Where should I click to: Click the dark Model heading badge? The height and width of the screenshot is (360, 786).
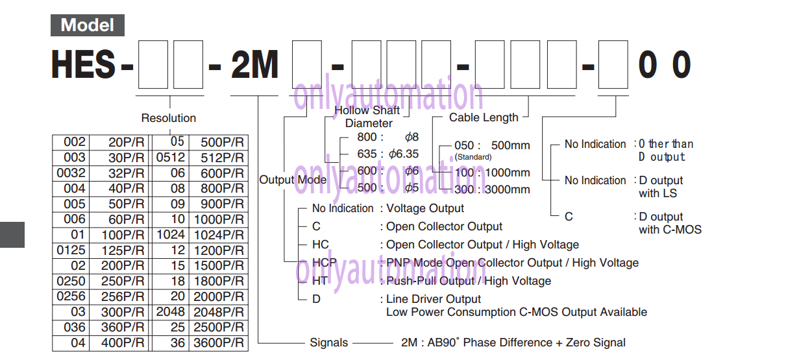point(88,25)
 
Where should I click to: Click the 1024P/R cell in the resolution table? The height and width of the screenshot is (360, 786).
point(219,235)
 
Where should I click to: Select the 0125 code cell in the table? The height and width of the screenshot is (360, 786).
point(71,250)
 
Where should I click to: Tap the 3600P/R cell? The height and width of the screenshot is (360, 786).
point(219,343)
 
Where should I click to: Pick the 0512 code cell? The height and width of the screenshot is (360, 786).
point(171,158)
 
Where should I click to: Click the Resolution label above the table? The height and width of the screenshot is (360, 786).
point(169,118)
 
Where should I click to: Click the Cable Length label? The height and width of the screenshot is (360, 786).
point(484,117)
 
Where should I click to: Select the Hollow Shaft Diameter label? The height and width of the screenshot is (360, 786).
point(367,117)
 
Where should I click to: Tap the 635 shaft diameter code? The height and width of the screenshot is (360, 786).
point(367,154)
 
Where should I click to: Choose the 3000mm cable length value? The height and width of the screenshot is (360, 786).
point(508,189)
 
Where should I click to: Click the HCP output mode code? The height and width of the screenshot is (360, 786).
point(325,263)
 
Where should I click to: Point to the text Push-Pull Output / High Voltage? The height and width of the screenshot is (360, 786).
point(469,281)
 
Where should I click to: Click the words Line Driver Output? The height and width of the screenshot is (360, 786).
point(434,299)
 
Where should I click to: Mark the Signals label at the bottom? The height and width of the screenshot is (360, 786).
point(329,342)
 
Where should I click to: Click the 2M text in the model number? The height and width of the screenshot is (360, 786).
point(254,64)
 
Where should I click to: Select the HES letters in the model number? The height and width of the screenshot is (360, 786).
point(83,64)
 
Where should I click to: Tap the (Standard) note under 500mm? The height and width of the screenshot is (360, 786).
point(473,157)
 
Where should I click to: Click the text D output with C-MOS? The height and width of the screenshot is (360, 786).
point(670,223)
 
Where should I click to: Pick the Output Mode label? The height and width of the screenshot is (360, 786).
point(293,180)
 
